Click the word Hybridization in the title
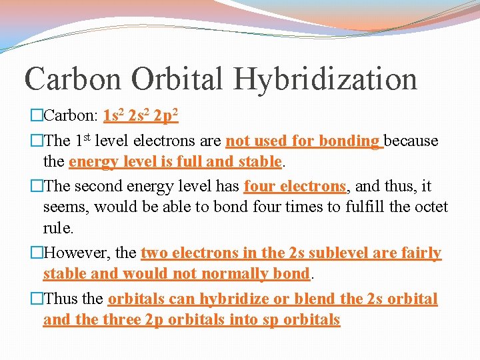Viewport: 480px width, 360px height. pyautogui.click(x=325, y=79)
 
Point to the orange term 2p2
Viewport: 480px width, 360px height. pyautogui.click(x=165, y=116)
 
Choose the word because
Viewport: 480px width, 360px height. pyautogui.click(x=411, y=141)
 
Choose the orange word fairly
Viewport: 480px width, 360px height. pyautogui.click(x=418, y=253)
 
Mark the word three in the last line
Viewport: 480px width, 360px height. pyautogui.click(x=121, y=319)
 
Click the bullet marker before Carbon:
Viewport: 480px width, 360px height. pyautogui.click(x=37, y=116)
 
